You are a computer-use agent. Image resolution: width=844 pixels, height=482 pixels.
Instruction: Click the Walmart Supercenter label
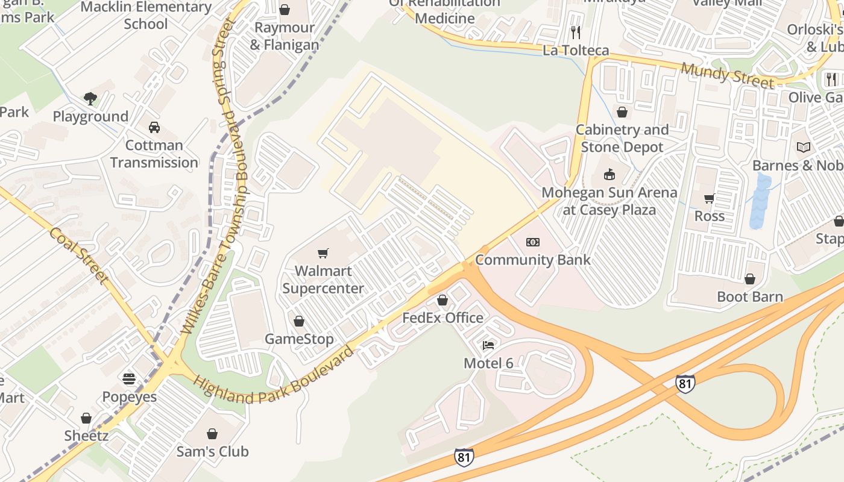coord(323,280)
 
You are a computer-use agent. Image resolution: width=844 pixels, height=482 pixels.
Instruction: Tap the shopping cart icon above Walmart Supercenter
coord(323,253)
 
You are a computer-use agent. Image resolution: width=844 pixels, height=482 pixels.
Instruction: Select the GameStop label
coord(299,339)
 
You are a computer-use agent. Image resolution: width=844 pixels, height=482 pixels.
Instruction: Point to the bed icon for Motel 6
coord(488,345)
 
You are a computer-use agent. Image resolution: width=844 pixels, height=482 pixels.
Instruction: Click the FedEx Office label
coord(442,318)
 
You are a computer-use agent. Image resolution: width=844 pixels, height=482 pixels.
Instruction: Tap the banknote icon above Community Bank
coord(533,242)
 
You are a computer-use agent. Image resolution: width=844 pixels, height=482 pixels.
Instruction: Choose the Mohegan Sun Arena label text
coord(609,201)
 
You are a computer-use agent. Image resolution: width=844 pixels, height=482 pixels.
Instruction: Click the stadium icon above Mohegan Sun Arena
coord(609,175)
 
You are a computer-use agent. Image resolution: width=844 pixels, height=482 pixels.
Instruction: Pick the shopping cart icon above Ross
coord(709,198)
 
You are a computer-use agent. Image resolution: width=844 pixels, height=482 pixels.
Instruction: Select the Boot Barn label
coord(750,296)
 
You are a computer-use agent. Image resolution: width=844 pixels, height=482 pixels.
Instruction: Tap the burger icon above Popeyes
coord(129,379)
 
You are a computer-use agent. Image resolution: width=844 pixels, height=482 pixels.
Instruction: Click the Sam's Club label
coord(212,451)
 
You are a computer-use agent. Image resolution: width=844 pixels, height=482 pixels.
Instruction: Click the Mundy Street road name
coord(727,75)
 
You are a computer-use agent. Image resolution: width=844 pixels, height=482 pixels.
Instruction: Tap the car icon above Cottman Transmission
coord(154,127)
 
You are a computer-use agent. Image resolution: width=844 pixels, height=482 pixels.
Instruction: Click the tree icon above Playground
coord(90,98)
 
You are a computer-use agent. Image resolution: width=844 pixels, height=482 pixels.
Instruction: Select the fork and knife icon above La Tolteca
coord(576,32)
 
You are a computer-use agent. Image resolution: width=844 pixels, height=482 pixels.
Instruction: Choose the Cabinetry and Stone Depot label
coord(622,139)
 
